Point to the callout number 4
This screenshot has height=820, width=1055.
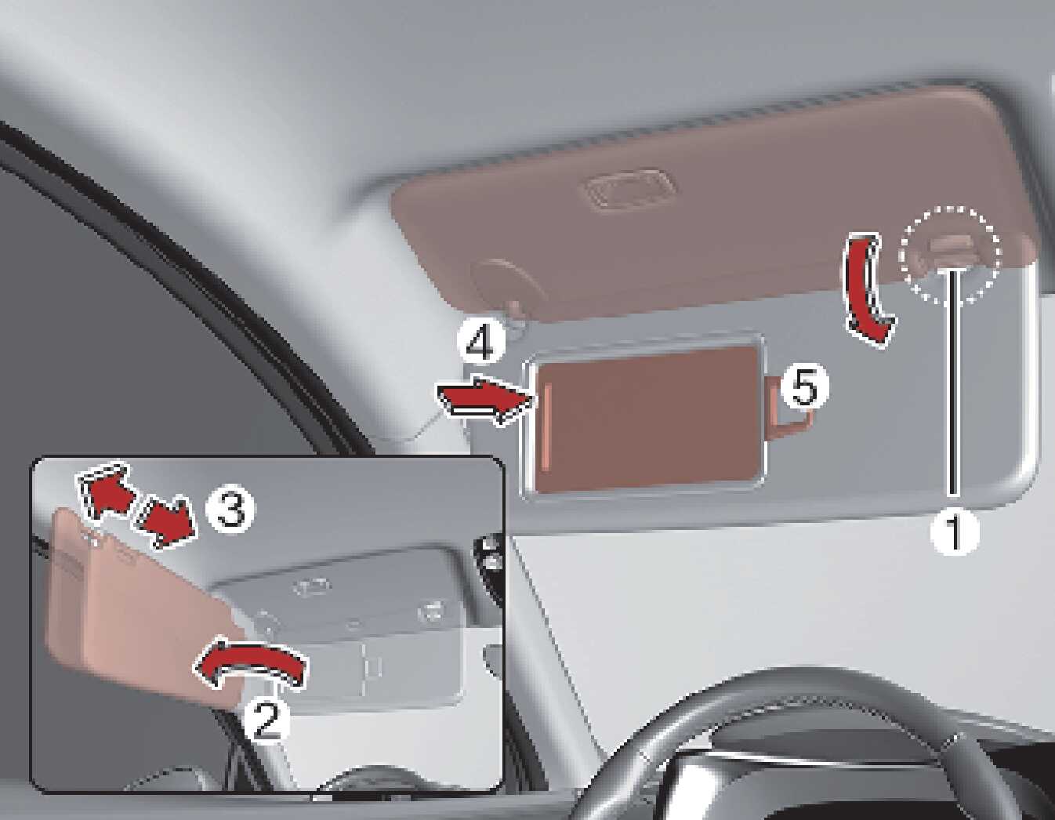480,343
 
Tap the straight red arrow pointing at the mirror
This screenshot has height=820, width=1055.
485,400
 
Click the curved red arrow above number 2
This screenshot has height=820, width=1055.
251,664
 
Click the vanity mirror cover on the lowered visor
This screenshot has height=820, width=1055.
645,420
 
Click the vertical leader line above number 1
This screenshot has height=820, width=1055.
954,383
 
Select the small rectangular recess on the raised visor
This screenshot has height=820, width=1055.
629,190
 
